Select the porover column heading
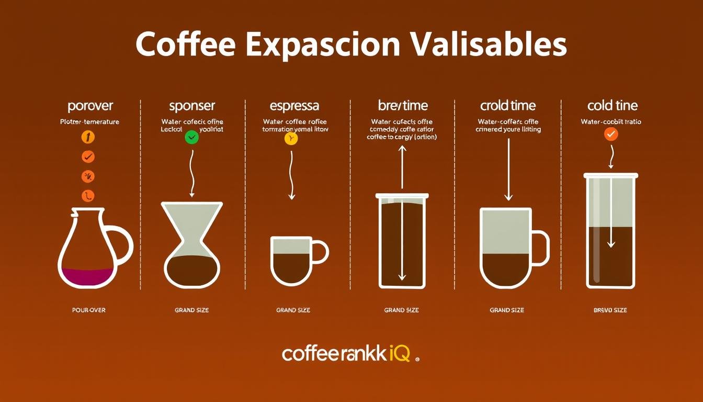(x=90, y=106)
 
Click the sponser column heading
(x=192, y=106)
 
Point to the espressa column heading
(x=294, y=106)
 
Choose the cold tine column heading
(x=613, y=106)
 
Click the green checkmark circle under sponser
(x=192, y=138)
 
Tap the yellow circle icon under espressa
(x=291, y=138)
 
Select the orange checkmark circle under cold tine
(x=611, y=134)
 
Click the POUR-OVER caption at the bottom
(x=88, y=310)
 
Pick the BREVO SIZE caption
(x=610, y=310)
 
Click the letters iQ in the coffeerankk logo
(x=400, y=354)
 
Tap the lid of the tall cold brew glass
(x=610, y=175)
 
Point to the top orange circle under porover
(x=88, y=137)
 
